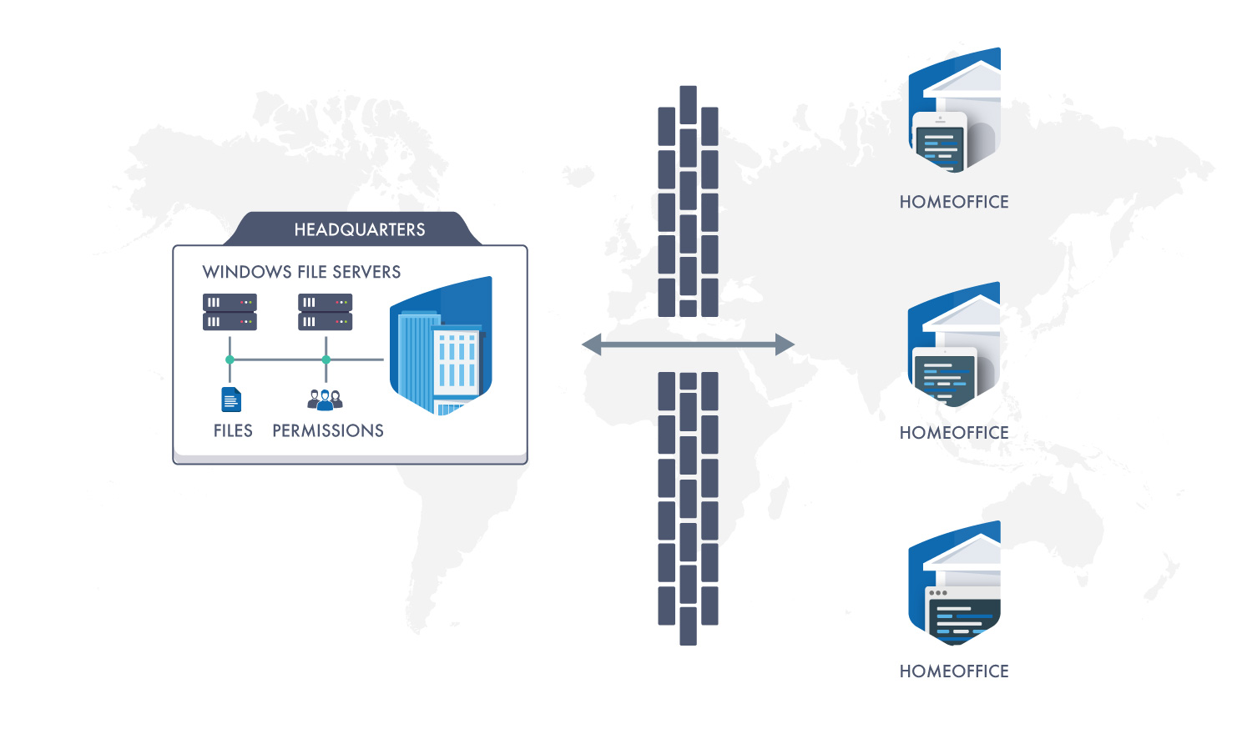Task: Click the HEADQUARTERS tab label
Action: tap(360, 229)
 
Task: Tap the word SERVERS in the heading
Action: tap(366, 272)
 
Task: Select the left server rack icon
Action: tap(230, 312)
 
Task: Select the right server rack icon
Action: tap(325, 312)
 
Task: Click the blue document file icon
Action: tap(231, 400)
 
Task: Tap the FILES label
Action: tap(233, 430)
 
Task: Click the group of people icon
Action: tap(325, 400)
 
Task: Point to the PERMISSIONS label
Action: tap(328, 430)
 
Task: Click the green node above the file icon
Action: tap(230, 359)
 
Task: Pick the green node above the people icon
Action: tap(326, 359)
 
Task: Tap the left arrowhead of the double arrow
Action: tap(592, 344)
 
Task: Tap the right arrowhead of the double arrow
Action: tap(785, 344)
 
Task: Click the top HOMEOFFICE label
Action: tap(954, 202)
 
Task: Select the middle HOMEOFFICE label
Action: tap(954, 433)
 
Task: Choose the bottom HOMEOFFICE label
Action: tap(954, 671)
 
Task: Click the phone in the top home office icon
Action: tap(940, 143)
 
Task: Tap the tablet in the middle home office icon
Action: tap(944, 376)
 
